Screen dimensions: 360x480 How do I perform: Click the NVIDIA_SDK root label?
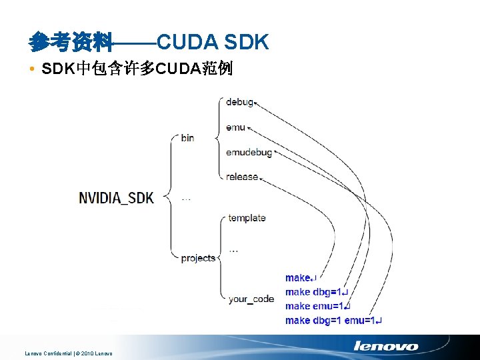pos(117,197)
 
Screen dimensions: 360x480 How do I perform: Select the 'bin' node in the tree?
pos(187,138)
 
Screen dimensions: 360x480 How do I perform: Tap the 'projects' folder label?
pos(198,258)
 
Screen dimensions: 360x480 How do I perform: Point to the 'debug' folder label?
pos(239,102)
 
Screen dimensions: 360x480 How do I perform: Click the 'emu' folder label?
pos(235,127)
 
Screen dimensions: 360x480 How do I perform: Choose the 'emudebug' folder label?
pos(249,152)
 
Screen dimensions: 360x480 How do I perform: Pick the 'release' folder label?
pos(242,177)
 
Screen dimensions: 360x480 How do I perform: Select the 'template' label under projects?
pos(247,218)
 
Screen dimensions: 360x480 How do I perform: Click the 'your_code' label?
pos(251,299)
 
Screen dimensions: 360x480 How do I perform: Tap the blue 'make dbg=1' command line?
pos(317,292)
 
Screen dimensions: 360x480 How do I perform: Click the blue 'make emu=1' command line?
pos(317,306)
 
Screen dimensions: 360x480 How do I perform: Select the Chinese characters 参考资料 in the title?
pos(70,43)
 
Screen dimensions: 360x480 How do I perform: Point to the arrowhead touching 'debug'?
pos(257,103)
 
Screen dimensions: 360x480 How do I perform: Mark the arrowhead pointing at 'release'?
pos(261,177)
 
